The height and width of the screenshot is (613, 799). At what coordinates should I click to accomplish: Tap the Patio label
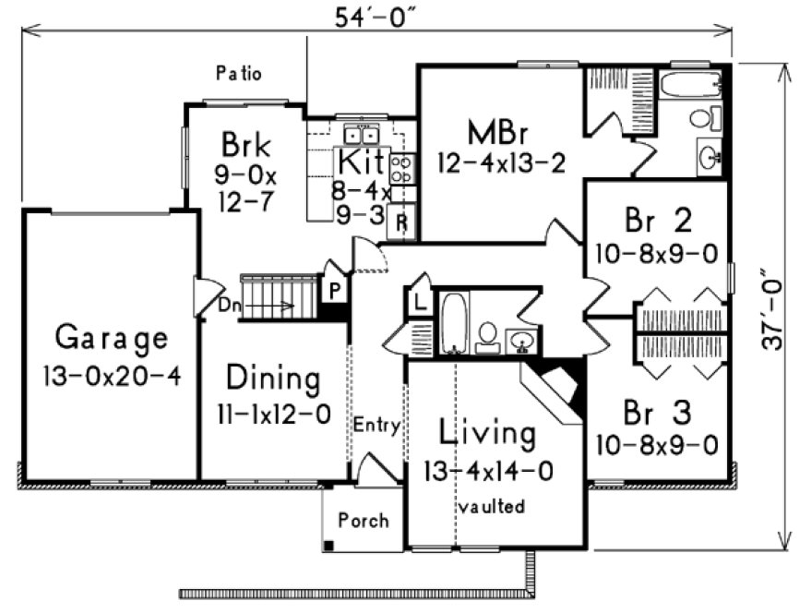coord(239,73)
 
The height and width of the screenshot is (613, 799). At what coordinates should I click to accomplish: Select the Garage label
coord(112,338)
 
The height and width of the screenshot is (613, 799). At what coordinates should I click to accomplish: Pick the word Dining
coord(274,379)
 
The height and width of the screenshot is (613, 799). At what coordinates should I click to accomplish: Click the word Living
coord(486,433)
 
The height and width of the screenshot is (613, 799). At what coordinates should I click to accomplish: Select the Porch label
coord(363,521)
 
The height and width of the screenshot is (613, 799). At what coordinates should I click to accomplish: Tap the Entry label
coord(376,426)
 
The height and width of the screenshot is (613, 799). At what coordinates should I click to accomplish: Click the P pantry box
coord(332,288)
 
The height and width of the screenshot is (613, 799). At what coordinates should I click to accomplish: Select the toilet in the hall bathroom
coord(487,339)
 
